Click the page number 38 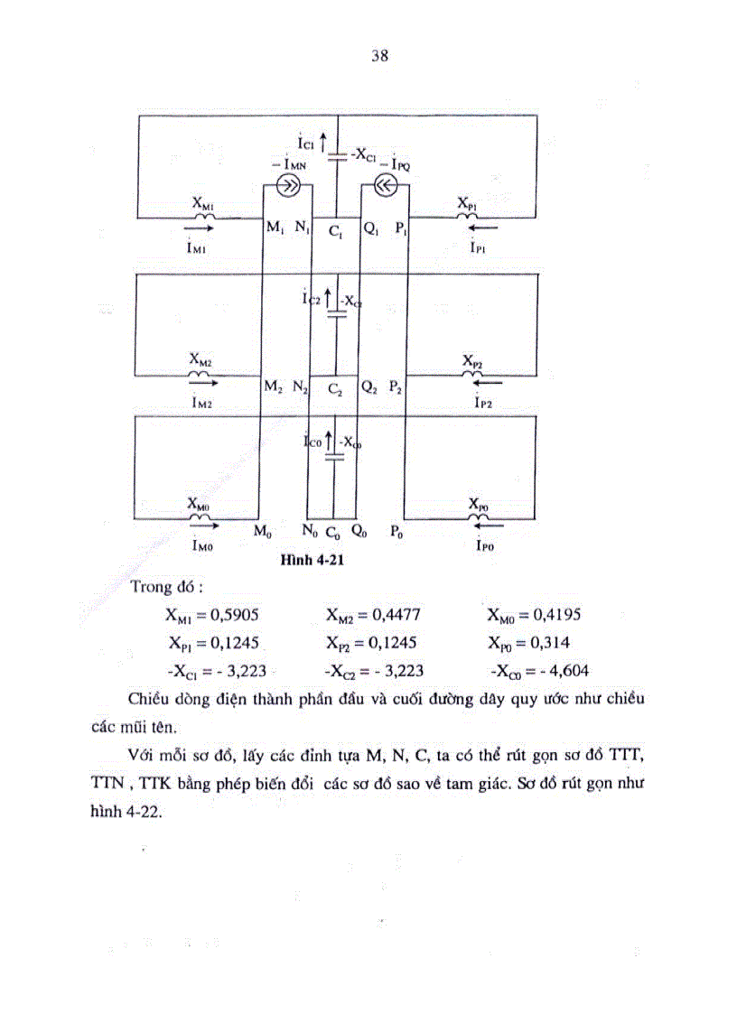[x=379, y=56]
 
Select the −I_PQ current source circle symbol [x=385, y=187]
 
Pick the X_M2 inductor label [x=200, y=358]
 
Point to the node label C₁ [x=335, y=233]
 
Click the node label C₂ [x=334, y=390]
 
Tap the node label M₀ [x=263, y=533]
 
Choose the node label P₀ [x=396, y=534]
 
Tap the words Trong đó [x=165, y=588]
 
